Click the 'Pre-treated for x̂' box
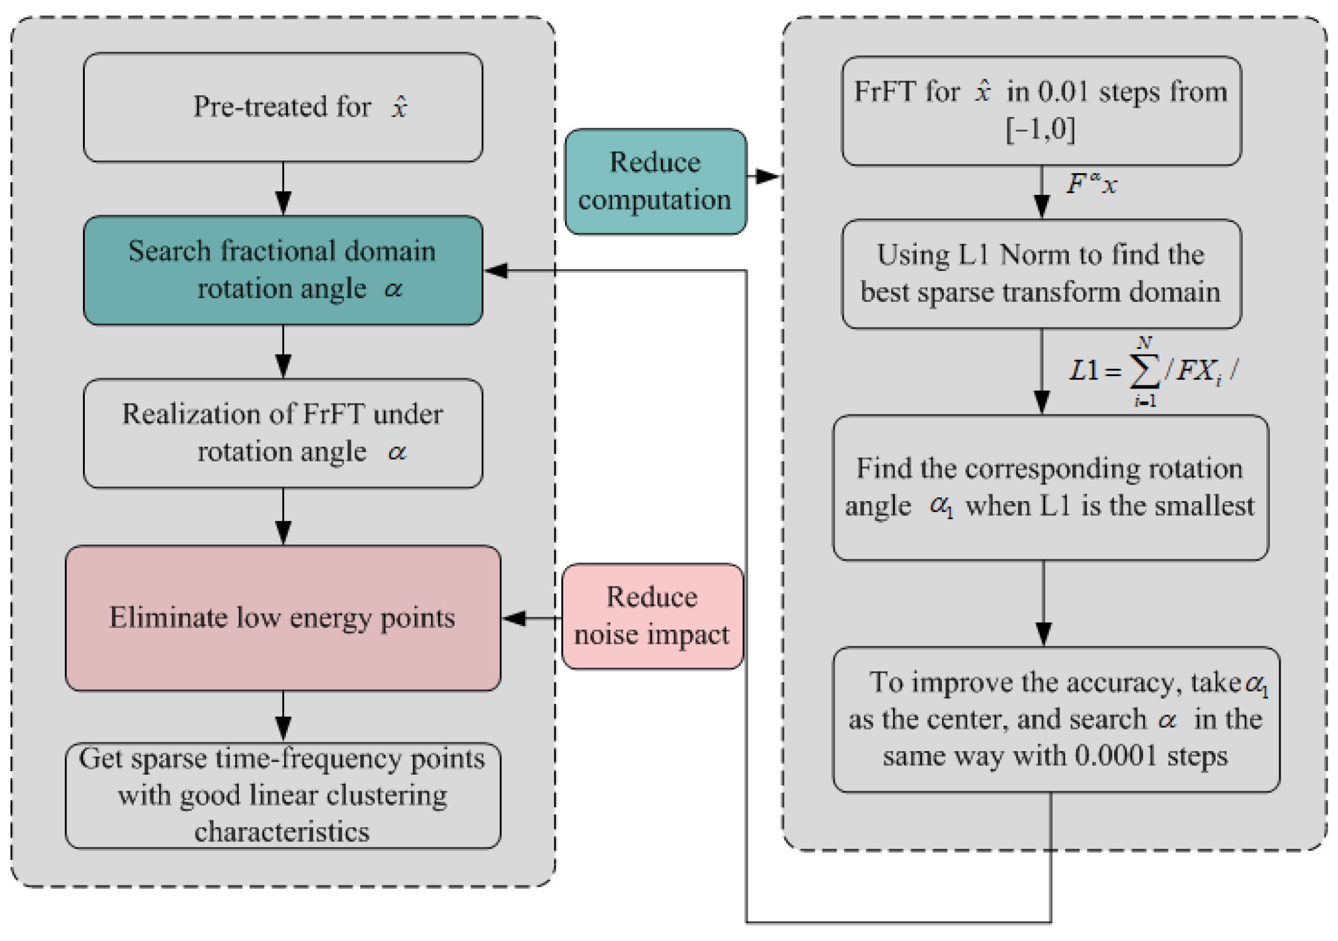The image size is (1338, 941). [x=283, y=107]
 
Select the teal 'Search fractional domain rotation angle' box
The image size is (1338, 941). [x=283, y=270]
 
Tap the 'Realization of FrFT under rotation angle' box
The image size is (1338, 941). [x=283, y=433]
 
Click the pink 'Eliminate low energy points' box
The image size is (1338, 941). [x=283, y=617]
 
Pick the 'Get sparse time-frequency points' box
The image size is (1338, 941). [x=283, y=795]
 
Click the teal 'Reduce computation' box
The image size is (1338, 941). [x=655, y=181]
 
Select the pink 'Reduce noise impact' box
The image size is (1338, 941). [x=652, y=616]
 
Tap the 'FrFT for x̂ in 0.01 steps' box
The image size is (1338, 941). [x=1040, y=111]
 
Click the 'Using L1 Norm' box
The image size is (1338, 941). [x=1040, y=273]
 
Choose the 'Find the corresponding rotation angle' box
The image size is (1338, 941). [x=1050, y=488]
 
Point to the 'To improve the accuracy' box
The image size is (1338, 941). [x=1055, y=720]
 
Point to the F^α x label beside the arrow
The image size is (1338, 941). [x=1091, y=184]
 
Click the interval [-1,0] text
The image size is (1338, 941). [x=1040, y=129]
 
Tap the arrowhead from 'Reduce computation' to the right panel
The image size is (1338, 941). [x=767, y=177]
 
